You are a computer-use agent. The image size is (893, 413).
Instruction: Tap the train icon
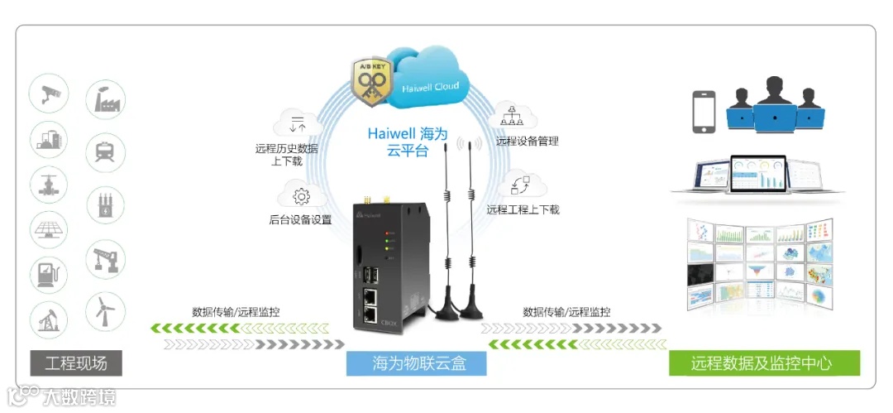pyautogui.click(x=105, y=151)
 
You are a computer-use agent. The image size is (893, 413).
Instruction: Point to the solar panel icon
pyautogui.click(x=49, y=229)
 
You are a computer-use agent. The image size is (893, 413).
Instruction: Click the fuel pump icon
pyautogui.click(x=49, y=274)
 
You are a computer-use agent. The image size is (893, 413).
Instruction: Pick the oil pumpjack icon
pyautogui.click(x=49, y=319)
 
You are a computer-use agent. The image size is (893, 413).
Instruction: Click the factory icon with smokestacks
pyautogui.click(x=105, y=99)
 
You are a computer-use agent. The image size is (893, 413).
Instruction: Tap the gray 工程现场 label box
pyautogui.click(x=70, y=363)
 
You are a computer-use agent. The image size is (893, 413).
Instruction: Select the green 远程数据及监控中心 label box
pyautogui.click(x=762, y=363)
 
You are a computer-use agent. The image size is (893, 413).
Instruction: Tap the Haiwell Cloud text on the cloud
pyautogui.click(x=430, y=87)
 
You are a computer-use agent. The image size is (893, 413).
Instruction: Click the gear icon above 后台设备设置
pyautogui.click(x=301, y=196)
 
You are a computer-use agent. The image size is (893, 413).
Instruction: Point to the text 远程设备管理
pyautogui.click(x=527, y=141)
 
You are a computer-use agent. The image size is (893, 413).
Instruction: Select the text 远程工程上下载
pyautogui.click(x=523, y=209)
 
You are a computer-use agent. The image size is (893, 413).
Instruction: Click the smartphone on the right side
pyautogui.click(x=703, y=111)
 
